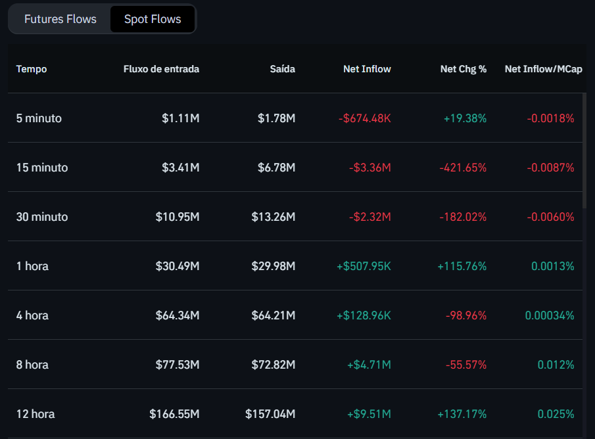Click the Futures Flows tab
60,19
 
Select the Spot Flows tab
153,19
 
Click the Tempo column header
32,69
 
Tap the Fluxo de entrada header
161,69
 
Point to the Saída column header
282,69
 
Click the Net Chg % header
464,69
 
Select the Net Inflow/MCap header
543,69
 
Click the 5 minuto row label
39,118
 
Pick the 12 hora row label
36,414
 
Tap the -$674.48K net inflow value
364,118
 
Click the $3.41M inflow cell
180,168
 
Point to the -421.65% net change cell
463,168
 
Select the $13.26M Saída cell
273,217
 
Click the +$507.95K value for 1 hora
364,266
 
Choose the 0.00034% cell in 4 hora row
549,315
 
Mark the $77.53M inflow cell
178,365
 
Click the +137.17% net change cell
462,414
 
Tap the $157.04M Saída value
270,414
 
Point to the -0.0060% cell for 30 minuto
550,217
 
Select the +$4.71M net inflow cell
369,365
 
